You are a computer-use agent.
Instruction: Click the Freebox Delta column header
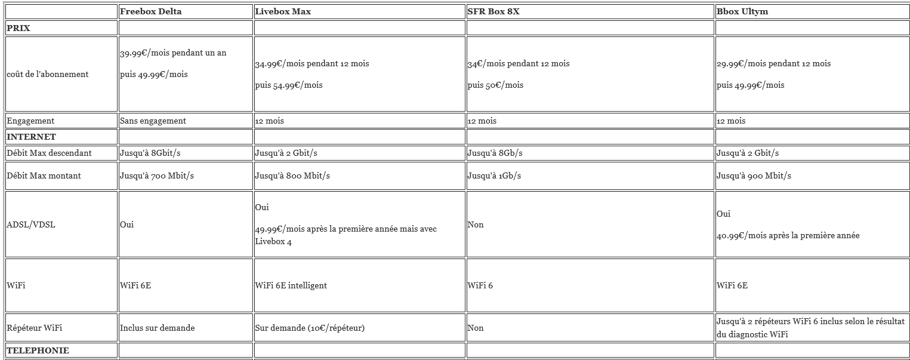click(150, 11)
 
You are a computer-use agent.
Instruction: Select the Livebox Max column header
click(282, 11)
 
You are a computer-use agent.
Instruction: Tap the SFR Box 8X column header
click(493, 11)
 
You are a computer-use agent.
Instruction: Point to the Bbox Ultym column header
click(742, 11)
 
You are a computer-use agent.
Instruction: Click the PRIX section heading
click(18, 27)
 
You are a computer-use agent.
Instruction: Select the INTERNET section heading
click(31, 137)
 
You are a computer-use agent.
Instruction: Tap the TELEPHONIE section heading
click(38, 350)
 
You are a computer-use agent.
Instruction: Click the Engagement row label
click(30, 121)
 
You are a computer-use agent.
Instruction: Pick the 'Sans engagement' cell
click(153, 121)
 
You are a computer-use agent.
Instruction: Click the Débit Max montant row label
click(44, 176)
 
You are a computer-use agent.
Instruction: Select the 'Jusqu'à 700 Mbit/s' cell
click(157, 176)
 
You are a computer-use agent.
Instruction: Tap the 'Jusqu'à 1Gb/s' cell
click(494, 176)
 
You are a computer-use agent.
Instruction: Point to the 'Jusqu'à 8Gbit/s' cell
click(150, 153)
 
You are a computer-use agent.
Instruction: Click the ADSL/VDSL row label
click(31, 224)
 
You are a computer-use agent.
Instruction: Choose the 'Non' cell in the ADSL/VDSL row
click(476, 224)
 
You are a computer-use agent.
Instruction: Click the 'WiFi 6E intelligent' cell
click(291, 285)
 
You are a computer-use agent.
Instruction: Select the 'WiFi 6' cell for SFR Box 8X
click(480, 285)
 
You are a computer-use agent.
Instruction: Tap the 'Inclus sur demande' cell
click(157, 328)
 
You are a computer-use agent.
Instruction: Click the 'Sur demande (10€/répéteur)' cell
click(309, 328)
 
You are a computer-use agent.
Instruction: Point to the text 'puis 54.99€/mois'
click(289, 85)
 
